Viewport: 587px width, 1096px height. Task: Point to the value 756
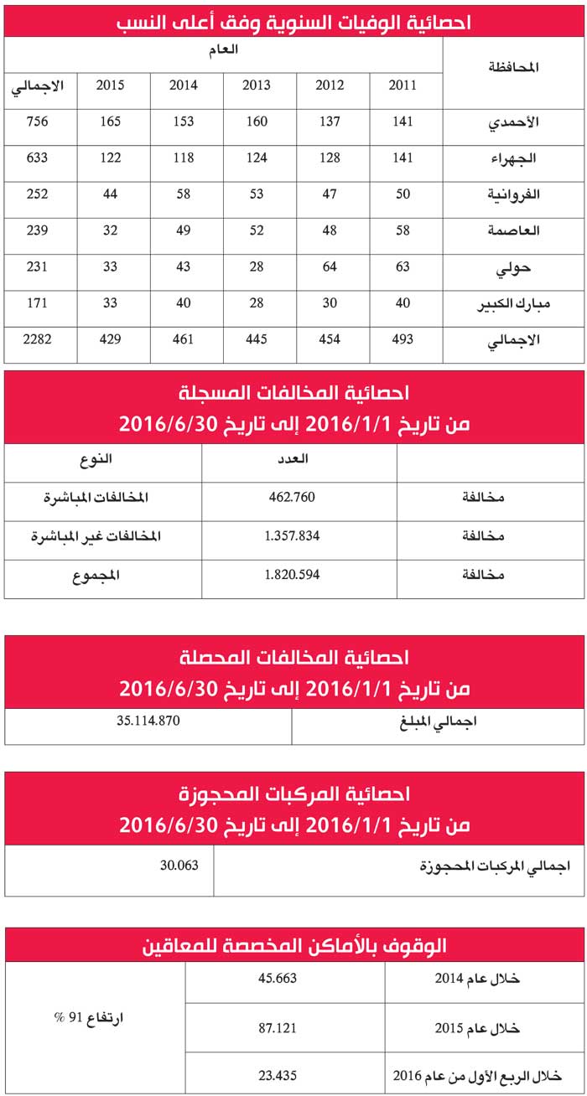37,122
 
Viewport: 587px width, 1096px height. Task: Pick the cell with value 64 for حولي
329,267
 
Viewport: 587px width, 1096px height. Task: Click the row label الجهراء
517,158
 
